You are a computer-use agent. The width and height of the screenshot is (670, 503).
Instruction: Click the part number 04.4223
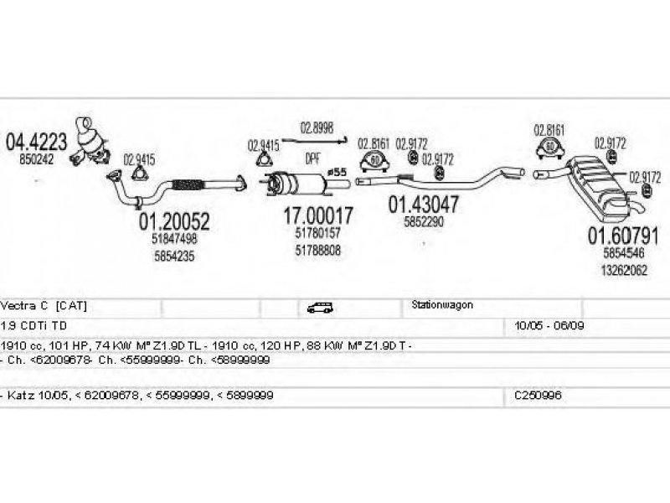click(x=37, y=142)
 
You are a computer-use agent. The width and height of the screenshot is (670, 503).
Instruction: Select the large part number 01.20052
click(x=174, y=221)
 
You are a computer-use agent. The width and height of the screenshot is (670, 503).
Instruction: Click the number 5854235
click(x=174, y=257)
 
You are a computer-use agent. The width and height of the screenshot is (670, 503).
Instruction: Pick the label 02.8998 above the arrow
click(x=317, y=129)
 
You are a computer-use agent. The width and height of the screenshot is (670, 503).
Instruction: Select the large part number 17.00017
click(x=318, y=215)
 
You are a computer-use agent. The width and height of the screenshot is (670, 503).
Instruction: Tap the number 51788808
click(x=318, y=250)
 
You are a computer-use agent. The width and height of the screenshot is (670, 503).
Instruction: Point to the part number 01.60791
click(x=622, y=234)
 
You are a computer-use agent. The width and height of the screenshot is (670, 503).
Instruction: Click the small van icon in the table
click(x=319, y=308)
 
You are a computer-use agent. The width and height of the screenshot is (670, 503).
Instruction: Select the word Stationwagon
click(x=442, y=305)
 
